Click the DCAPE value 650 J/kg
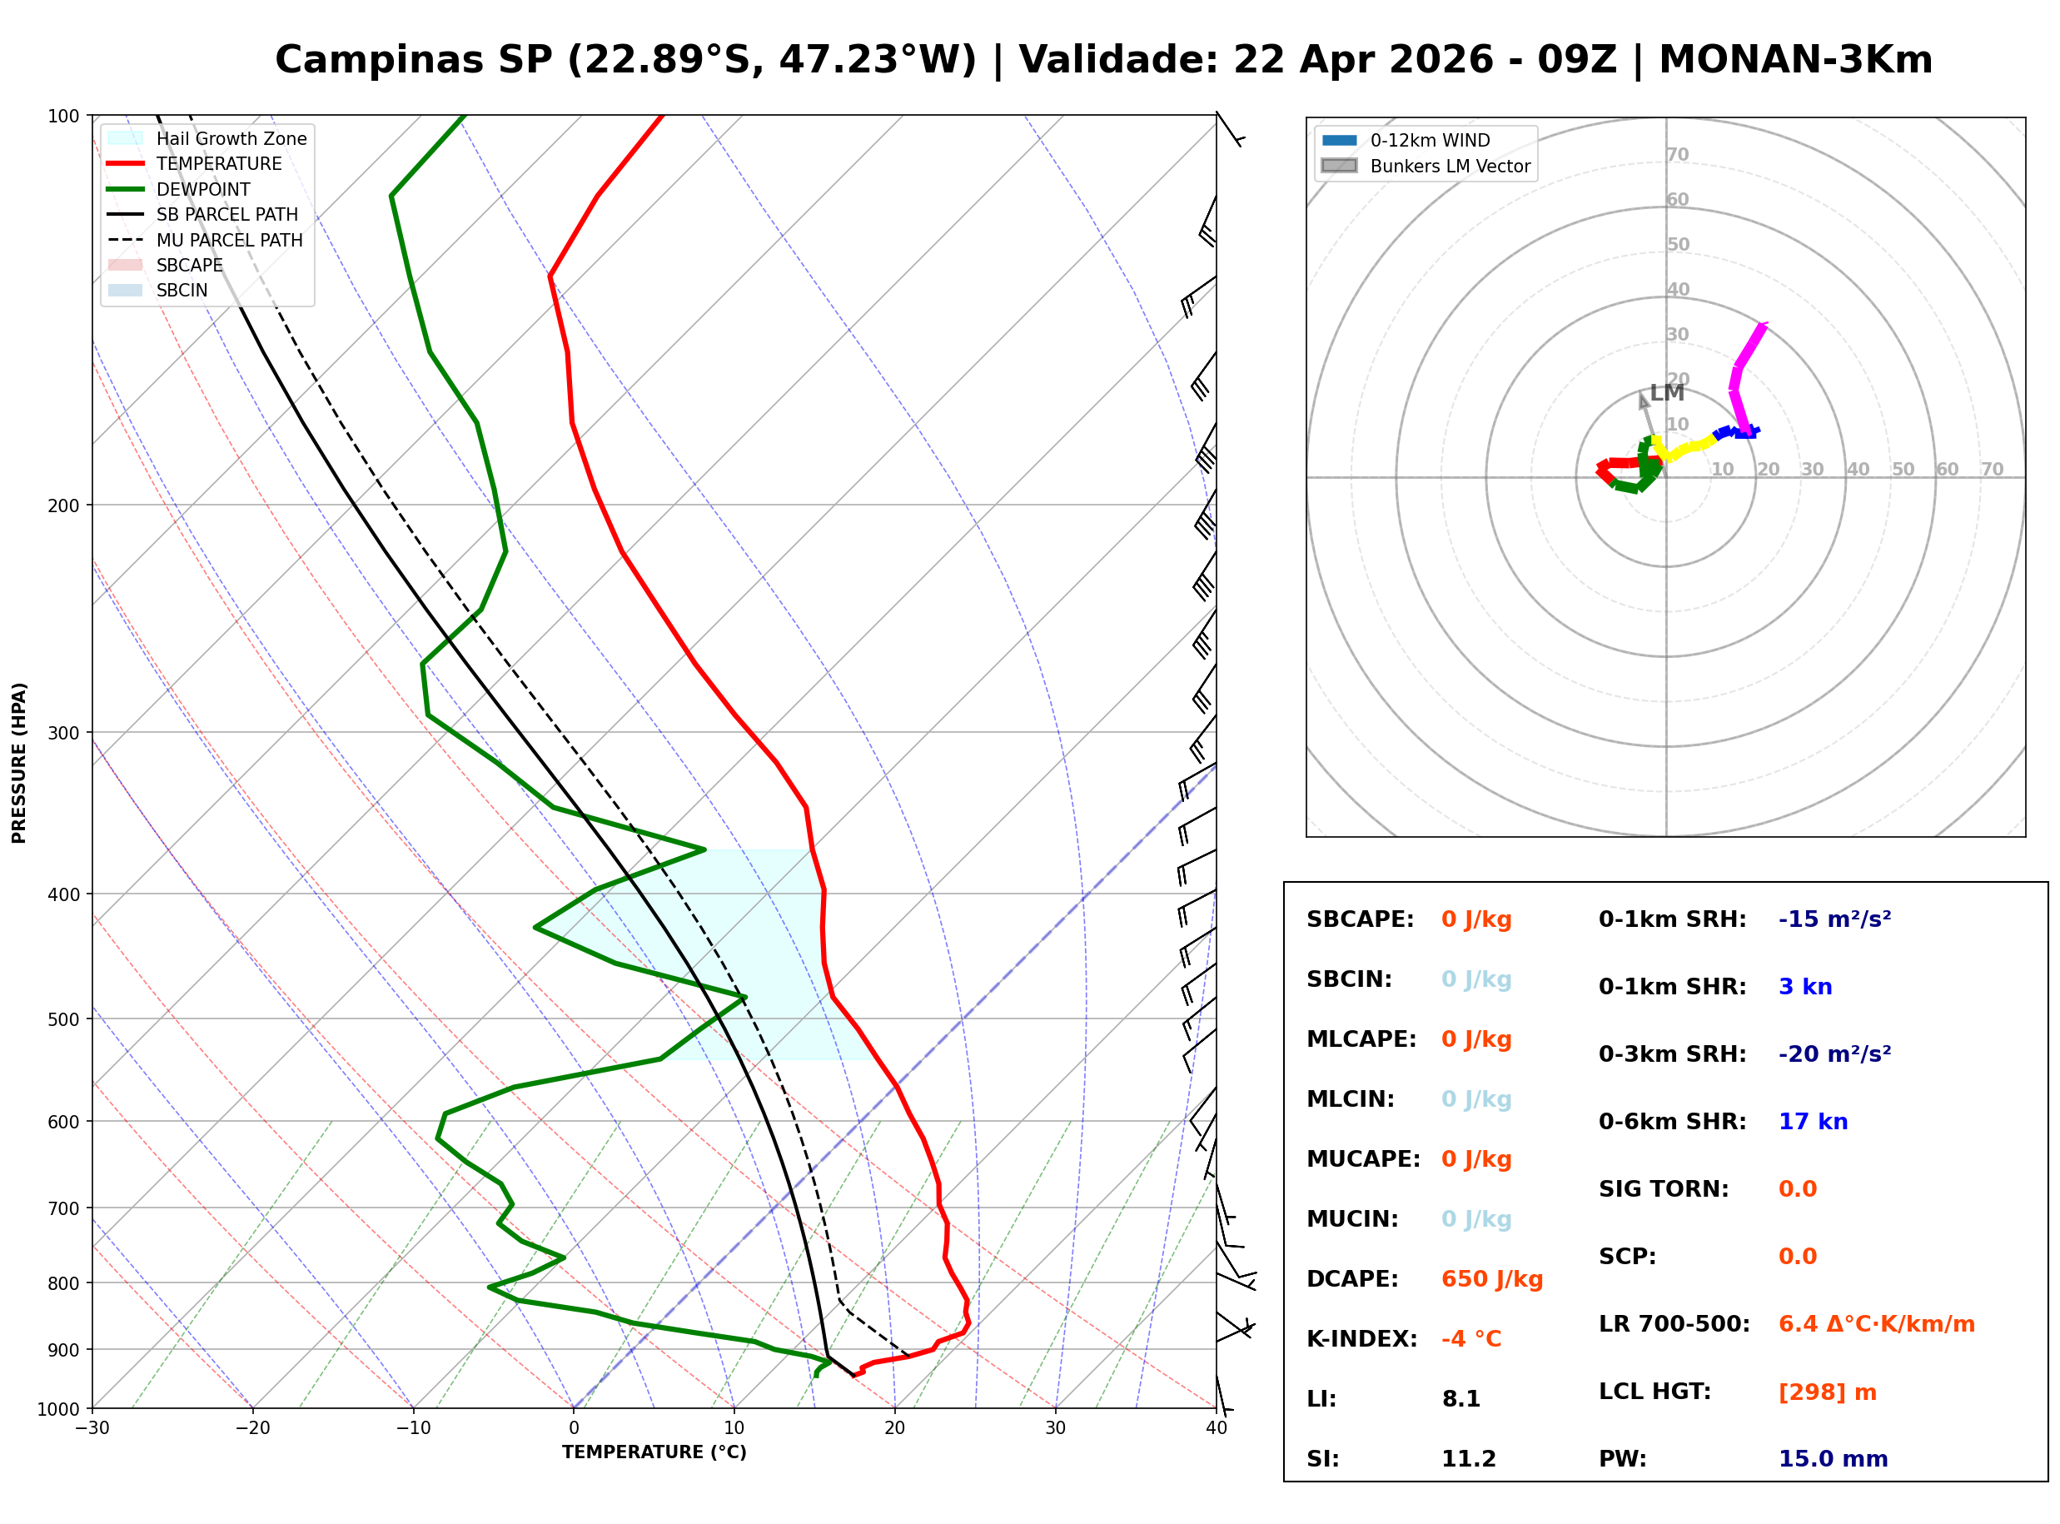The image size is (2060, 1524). tap(1491, 1279)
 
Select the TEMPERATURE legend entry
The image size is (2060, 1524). tap(218, 164)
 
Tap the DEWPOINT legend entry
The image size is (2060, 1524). tap(203, 189)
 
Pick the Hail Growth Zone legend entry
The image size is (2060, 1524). tap(231, 138)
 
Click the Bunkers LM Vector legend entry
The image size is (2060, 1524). tap(1449, 166)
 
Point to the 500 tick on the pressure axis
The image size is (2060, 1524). tap(63, 1019)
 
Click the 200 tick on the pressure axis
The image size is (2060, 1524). tap(63, 506)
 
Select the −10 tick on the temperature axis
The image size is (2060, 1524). tap(413, 1428)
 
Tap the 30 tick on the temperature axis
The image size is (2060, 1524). tap(1055, 1428)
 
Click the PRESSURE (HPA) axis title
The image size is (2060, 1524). tap(19, 763)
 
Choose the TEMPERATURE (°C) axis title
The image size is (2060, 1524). tap(654, 1453)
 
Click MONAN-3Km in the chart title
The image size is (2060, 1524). tap(1794, 60)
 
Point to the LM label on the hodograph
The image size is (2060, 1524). tap(1666, 393)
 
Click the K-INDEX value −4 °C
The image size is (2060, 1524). tap(1470, 1339)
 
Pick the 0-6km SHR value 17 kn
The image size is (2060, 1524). tap(1812, 1122)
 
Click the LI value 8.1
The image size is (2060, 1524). tap(1460, 1399)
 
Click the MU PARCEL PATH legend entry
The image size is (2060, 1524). tap(229, 240)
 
